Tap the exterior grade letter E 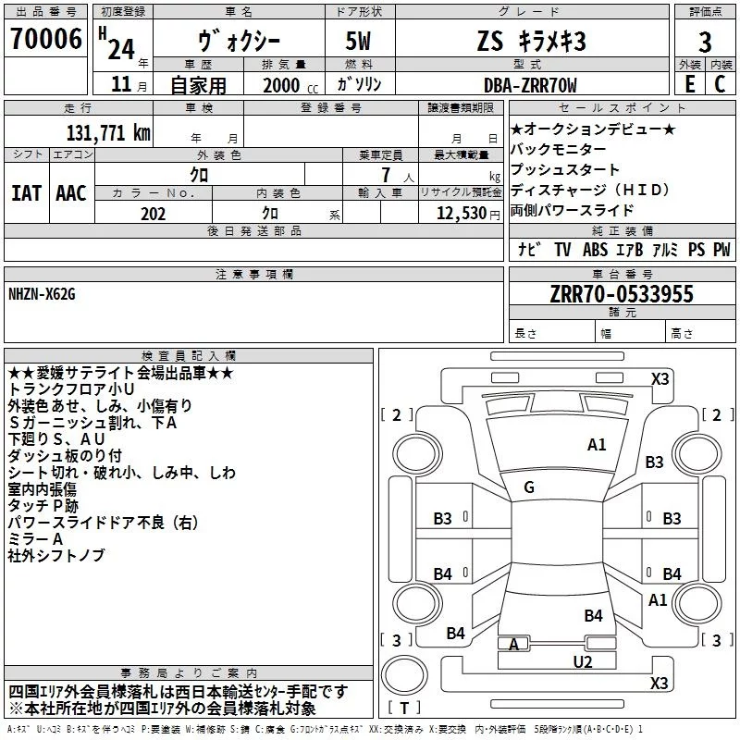click(689, 84)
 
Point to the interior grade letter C click(721, 84)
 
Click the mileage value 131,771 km click(108, 132)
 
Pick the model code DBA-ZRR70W click(530, 85)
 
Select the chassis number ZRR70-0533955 click(622, 295)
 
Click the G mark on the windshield click(528, 487)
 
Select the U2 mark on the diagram click(582, 661)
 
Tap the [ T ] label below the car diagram click(403, 709)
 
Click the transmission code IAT click(26, 193)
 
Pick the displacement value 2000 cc click(282, 85)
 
